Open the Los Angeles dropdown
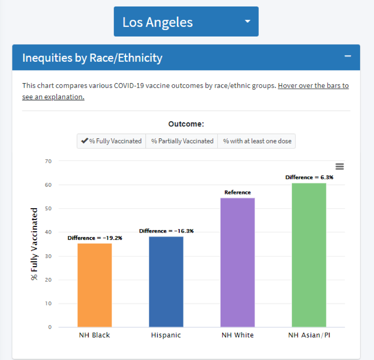click(186, 22)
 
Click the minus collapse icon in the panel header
click(347, 56)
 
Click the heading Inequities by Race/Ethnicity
click(92, 58)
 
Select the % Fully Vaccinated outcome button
click(111, 141)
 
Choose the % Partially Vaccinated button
click(182, 141)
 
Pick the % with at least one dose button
click(257, 141)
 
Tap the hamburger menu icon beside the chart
click(340, 167)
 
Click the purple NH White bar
click(237, 263)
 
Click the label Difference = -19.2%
click(95, 238)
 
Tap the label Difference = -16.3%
click(166, 231)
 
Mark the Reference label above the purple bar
click(237, 192)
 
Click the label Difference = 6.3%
click(309, 177)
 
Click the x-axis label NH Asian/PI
click(309, 335)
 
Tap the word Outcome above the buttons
click(186, 124)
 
